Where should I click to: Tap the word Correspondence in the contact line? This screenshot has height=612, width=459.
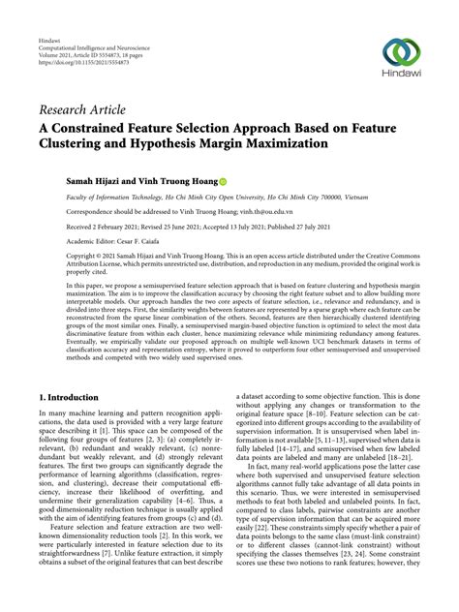click(x=96, y=210)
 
